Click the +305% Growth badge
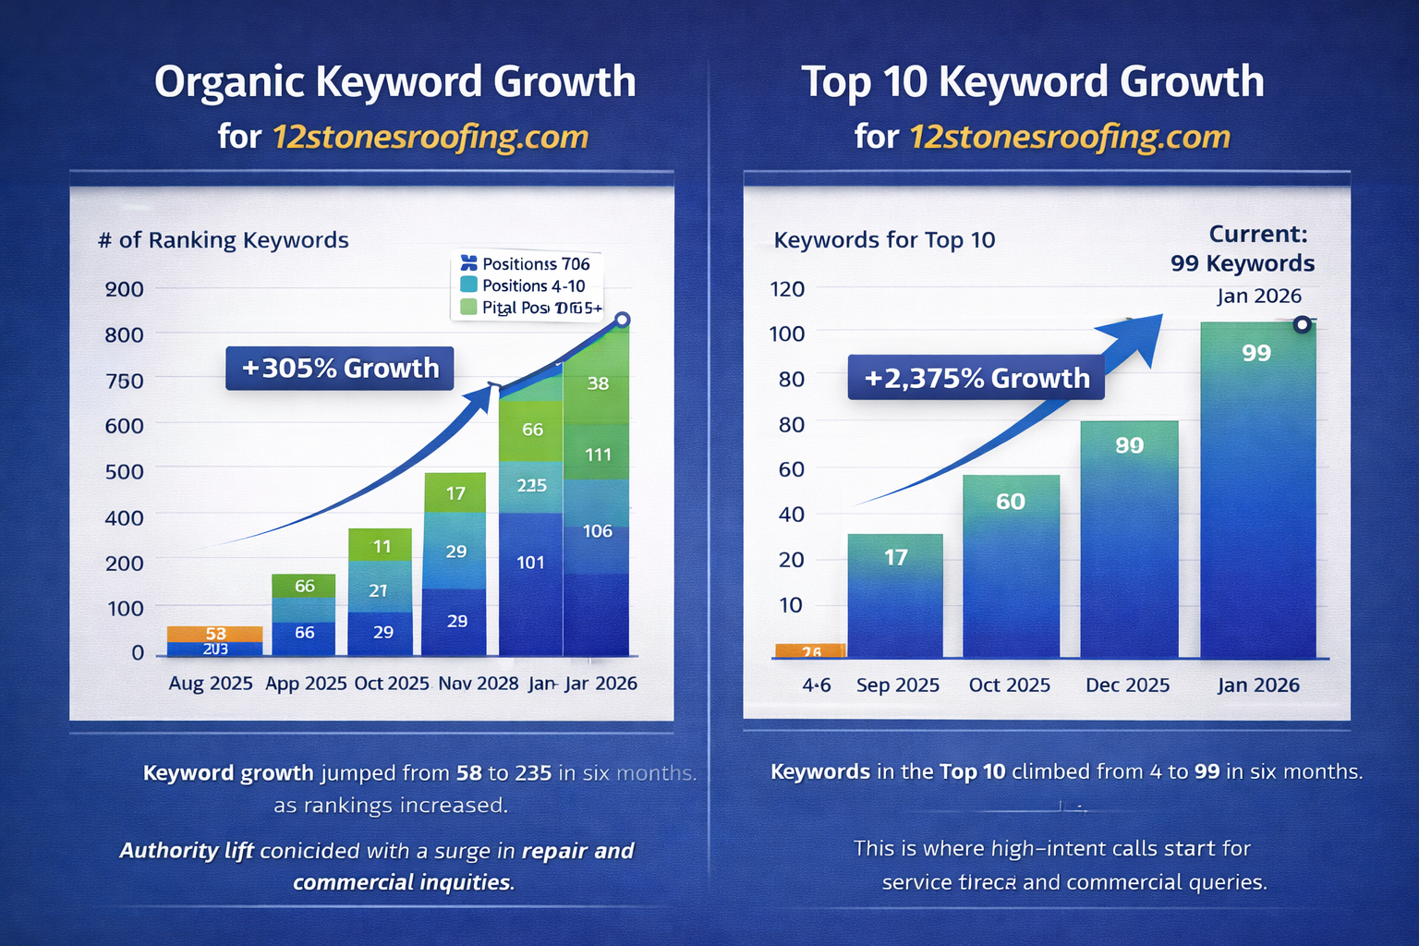pos(339,368)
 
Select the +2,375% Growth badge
pos(976,378)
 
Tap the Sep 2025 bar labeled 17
pos(895,596)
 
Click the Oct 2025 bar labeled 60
pos(1011,565)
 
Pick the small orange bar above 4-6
pos(810,650)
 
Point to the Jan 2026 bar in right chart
pos(1257,490)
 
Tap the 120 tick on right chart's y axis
pos(787,288)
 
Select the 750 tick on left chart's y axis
pos(124,381)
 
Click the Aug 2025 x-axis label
pos(211,684)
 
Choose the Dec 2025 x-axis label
pos(1127,685)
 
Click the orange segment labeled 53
pos(215,634)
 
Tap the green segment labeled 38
pos(598,382)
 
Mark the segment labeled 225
pos(531,486)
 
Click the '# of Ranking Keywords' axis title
pos(224,240)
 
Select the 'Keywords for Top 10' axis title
pos(884,240)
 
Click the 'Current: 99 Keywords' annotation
pos(1243,249)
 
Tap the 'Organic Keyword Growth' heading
pos(394,81)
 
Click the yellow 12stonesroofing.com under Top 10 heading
pos(1070,137)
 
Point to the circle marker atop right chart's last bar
pos(1302,324)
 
